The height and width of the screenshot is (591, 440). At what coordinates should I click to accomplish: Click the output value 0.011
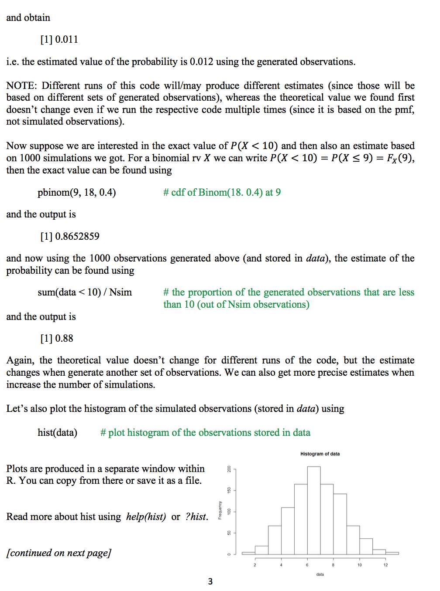click(66, 40)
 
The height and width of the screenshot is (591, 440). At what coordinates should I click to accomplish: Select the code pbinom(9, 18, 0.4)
click(77, 193)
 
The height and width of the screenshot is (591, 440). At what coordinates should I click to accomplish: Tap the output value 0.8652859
click(77, 236)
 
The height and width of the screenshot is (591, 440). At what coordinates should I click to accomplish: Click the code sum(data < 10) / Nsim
click(85, 292)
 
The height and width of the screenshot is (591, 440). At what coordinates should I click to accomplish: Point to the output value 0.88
click(64, 339)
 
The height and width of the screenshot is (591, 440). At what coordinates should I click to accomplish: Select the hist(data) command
click(57, 433)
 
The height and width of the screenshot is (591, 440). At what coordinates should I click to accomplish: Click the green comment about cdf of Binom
click(222, 193)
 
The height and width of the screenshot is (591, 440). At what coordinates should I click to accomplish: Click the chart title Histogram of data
click(320, 454)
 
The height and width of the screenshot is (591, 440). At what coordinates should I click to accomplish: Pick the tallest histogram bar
click(314, 510)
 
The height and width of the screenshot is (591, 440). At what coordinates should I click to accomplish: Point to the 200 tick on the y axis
click(229, 469)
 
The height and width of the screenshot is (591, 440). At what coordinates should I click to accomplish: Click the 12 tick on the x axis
click(385, 565)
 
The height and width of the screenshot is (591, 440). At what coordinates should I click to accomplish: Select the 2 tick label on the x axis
click(255, 565)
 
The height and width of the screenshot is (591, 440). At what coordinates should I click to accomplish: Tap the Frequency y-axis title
click(220, 510)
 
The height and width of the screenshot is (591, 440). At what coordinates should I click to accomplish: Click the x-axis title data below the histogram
click(320, 574)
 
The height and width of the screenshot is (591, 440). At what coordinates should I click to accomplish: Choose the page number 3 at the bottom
click(210, 581)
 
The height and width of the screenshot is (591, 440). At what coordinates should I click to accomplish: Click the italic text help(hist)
click(146, 517)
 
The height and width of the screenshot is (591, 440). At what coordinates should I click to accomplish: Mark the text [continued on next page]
click(59, 553)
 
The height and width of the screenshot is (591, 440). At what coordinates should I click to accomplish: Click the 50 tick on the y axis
click(229, 533)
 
